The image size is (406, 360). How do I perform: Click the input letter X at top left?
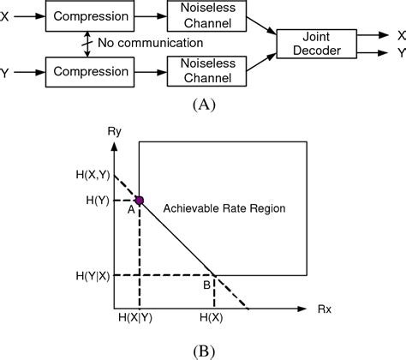point(8,15)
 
